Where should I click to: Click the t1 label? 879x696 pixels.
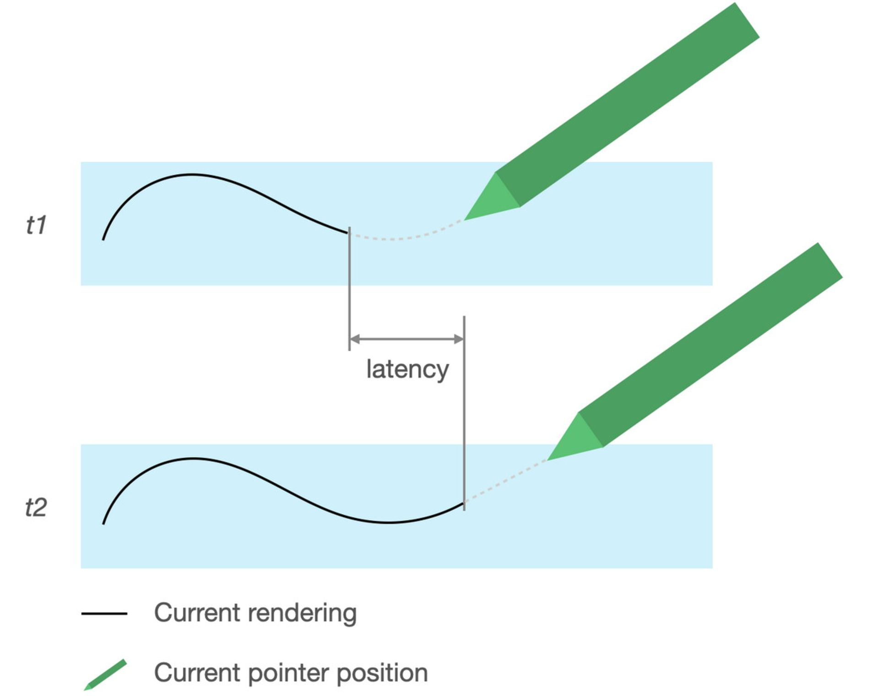(x=36, y=225)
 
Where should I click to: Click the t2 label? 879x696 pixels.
(x=36, y=507)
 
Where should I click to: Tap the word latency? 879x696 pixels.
(x=407, y=369)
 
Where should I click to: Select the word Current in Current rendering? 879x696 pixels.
(x=196, y=613)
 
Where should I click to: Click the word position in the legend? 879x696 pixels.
(x=382, y=673)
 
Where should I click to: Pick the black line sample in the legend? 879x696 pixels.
(x=104, y=614)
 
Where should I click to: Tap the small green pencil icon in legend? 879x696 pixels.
(x=105, y=675)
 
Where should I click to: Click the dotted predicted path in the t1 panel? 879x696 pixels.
(x=403, y=238)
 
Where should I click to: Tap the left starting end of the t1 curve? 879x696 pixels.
(x=103, y=239)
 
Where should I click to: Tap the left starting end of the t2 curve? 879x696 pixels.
(x=103, y=523)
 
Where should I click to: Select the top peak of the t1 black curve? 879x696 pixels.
(x=192, y=174)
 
